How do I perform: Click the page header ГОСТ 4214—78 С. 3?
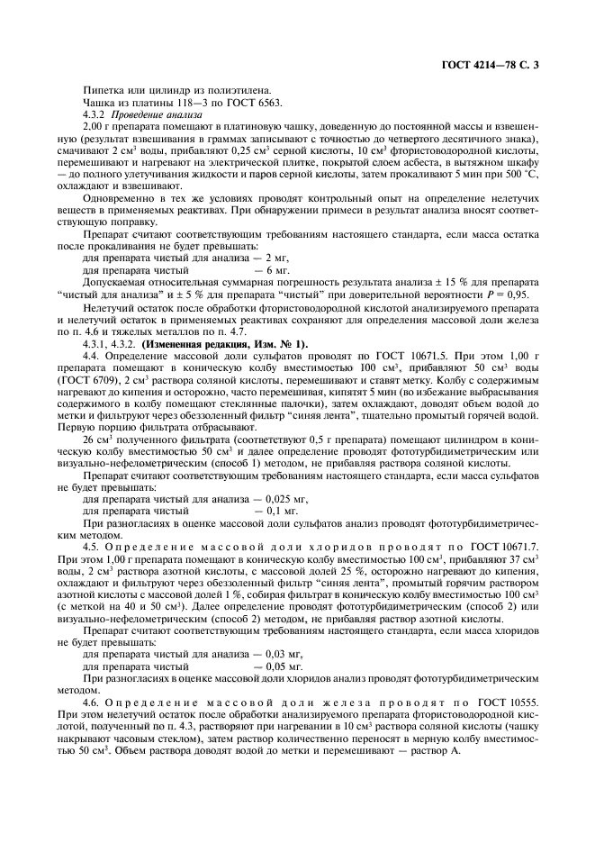coord(495,65)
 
